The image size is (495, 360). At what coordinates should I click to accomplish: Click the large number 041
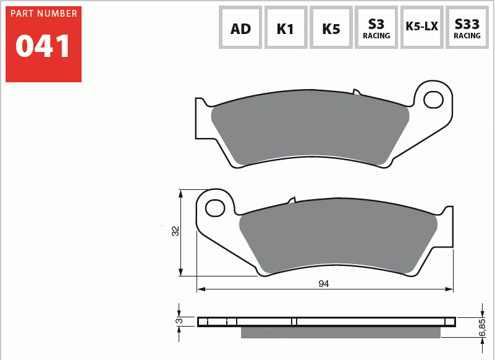coord(43,47)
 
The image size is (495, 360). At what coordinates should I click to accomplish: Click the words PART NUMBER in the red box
coord(44,14)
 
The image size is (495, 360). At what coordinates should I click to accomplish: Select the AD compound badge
coord(240,28)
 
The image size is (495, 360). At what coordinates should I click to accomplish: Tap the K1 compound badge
coord(286,28)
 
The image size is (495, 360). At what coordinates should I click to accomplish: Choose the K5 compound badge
coord(331,28)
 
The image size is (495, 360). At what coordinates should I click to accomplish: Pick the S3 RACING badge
coord(376,28)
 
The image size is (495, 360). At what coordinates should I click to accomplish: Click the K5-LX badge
coord(421,27)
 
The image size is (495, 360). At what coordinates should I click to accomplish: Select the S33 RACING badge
coord(467,28)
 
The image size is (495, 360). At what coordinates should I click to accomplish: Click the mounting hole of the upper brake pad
coord(434,99)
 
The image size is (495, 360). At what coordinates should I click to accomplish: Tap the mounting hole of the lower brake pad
coord(215,208)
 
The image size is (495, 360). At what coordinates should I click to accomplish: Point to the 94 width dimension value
coord(323,284)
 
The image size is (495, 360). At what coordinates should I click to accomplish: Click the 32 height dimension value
coord(176,231)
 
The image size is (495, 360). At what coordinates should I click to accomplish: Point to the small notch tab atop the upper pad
coord(356,92)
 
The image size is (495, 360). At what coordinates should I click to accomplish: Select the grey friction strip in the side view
coord(340,333)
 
